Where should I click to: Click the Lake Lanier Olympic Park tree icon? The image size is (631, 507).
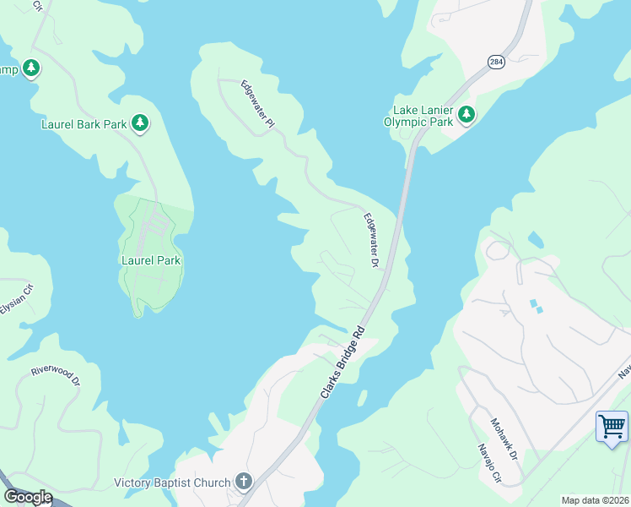pos(466,115)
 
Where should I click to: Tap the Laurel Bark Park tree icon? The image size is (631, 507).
pos(140,124)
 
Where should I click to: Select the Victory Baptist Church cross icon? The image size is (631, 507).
pos(244,482)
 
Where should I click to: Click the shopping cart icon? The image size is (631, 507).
pos(612,426)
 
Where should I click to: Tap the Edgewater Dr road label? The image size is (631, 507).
pos(370,240)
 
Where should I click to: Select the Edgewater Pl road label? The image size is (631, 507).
pos(258,104)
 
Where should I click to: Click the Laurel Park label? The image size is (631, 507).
pos(150,260)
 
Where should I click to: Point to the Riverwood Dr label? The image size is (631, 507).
pos(55,376)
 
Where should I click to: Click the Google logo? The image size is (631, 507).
pos(28,497)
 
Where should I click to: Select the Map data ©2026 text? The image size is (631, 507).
pos(595,500)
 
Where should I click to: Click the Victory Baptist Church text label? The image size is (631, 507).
pos(172,482)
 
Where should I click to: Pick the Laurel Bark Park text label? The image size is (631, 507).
pos(84,124)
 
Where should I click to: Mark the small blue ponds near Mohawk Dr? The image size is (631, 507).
pos(535,305)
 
